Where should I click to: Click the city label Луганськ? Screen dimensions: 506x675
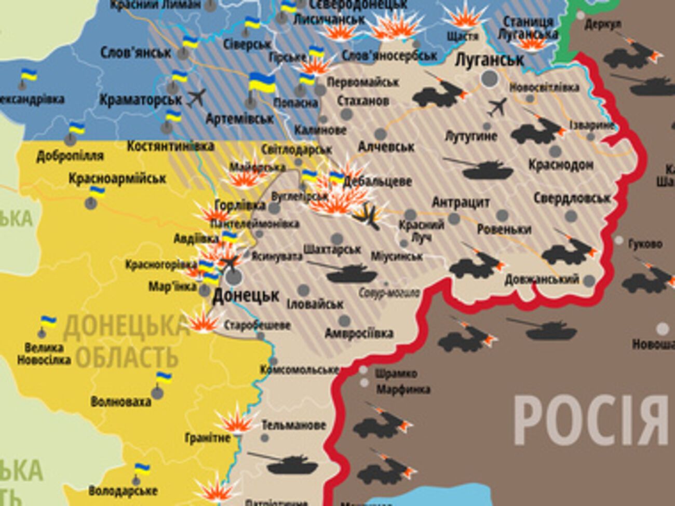[x=489, y=60]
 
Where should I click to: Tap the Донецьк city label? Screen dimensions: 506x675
[x=246, y=296]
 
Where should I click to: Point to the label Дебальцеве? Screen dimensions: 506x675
[x=385, y=181]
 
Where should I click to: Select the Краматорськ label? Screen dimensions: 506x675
[x=140, y=99]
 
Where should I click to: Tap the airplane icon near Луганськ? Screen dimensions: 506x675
[x=497, y=107]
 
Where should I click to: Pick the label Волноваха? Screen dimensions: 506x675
[x=120, y=401]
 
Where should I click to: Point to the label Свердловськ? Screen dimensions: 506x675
[x=572, y=198]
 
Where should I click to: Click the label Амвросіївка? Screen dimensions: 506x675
[x=359, y=333]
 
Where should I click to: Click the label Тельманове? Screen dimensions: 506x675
[x=293, y=425]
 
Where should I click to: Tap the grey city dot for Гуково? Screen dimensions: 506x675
[x=619, y=241]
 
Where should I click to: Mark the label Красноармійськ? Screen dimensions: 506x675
[x=117, y=179]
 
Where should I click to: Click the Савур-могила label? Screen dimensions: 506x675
[x=389, y=293]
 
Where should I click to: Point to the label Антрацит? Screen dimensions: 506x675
[x=461, y=202]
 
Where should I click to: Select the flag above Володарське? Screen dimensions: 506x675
[x=141, y=469]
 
